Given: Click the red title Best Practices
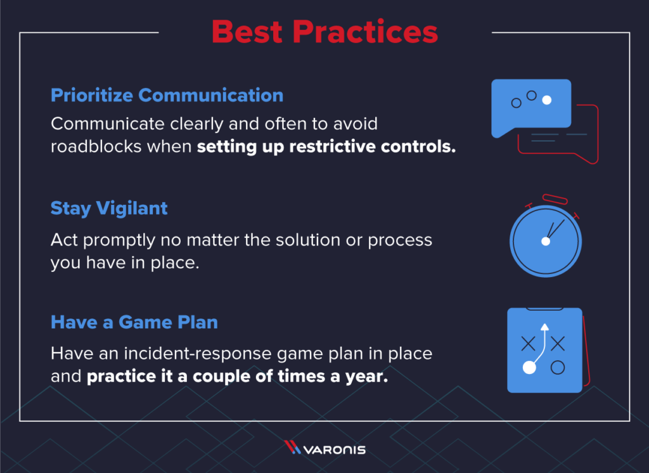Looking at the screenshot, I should click(x=324, y=32).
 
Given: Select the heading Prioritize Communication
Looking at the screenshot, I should click(x=167, y=96).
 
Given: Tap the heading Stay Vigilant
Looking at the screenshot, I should click(x=109, y=209).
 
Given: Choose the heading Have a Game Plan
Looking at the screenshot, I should click(x=134, y=322).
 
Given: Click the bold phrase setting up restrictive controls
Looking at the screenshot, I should click(x=326, y=147).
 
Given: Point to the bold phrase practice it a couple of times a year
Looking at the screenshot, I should click(x=236, y=376).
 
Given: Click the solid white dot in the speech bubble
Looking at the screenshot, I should click(x=547, y=100).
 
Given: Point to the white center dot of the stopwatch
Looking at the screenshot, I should click(x=544, y=242).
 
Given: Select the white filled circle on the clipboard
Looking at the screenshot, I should click(x=527, y=367).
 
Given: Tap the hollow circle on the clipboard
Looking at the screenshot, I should click(x=558, y=366).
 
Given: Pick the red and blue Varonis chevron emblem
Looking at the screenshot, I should click(x=292, y=449).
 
